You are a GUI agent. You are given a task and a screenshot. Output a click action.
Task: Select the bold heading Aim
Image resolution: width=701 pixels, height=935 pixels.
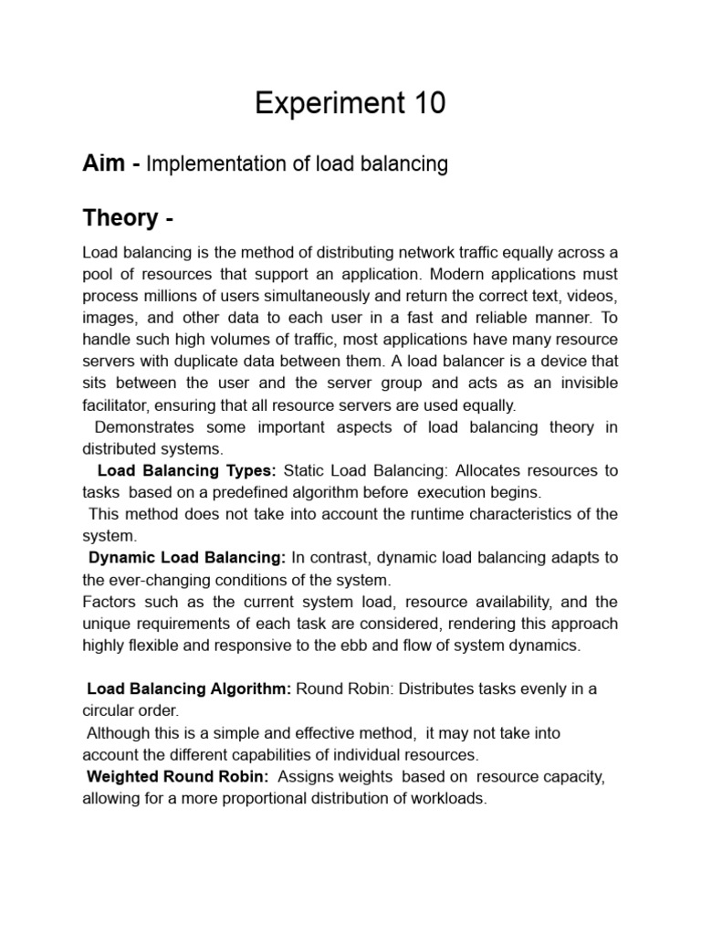[x=103, y=164]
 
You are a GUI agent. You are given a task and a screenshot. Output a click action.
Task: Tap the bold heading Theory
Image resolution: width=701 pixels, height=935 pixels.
[x=120, y=218]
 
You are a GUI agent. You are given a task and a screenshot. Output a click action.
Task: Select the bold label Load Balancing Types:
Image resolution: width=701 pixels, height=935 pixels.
[x=186, y=471]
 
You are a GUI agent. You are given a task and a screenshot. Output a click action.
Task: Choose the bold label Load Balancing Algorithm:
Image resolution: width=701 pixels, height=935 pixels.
[x=188, y=689]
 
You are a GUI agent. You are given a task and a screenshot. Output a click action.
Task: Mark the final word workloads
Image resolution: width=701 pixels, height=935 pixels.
[x=451, y=799]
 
